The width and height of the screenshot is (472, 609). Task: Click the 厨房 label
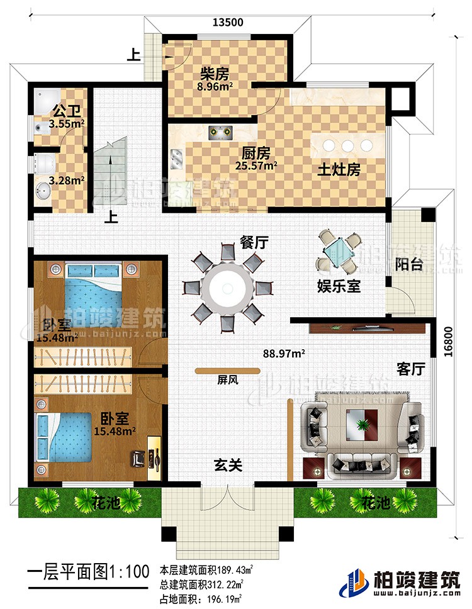257,152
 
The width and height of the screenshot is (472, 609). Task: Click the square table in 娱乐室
339,250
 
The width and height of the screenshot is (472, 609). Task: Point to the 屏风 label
227,380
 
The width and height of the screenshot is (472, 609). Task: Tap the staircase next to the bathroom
111,170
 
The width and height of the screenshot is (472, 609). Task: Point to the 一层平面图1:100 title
85,574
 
